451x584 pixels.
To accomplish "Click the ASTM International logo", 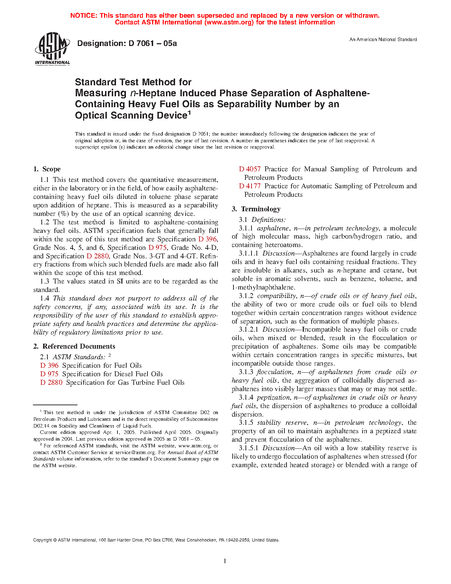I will pos(52,49).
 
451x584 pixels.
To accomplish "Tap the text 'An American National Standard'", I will pos(383,40).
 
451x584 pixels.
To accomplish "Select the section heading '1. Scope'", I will pos(47,169).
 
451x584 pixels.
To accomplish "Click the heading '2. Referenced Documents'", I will pos(74,347).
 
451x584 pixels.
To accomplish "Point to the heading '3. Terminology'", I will pos(256,209).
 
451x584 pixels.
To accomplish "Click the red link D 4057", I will pos(250,169).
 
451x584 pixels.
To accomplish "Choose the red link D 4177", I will pos(250,186).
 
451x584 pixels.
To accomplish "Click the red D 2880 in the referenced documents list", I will pos(51,383).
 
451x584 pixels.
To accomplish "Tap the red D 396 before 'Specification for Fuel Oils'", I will pos(49,366).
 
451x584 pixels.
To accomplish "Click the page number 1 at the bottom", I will pos(225,561).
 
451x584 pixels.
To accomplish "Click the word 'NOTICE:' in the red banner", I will pos(83,16).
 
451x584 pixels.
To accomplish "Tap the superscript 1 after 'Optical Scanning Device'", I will pos(189,113).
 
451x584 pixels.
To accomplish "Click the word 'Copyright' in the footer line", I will pos(42,540).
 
